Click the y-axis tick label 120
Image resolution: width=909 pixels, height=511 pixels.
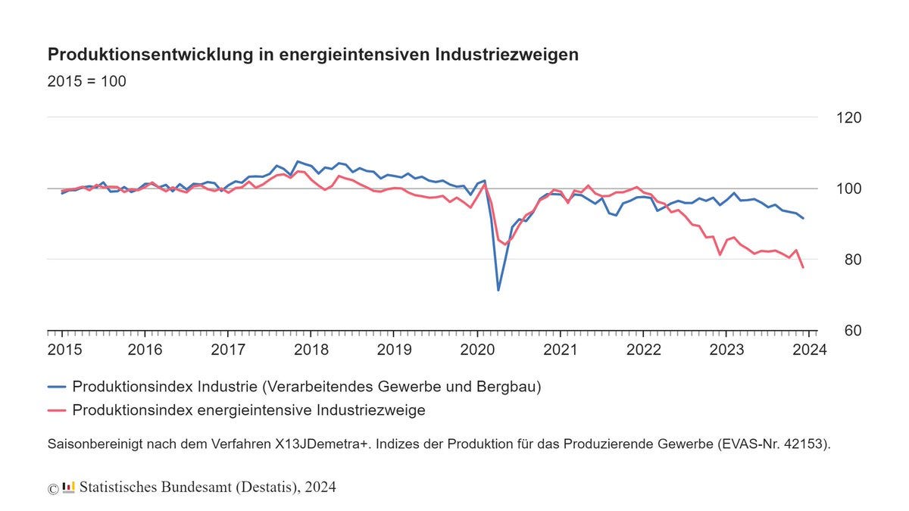848,117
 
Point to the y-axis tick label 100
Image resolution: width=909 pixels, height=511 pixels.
848,189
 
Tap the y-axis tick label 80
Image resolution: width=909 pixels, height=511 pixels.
853,260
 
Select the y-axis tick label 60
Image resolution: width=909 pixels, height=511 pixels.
853,331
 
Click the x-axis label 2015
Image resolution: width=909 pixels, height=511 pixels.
64,350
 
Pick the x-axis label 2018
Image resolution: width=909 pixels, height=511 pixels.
311,350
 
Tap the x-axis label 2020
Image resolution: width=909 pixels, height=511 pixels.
477,350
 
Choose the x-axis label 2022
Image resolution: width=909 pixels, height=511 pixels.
644,350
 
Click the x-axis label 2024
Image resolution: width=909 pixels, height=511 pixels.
810,350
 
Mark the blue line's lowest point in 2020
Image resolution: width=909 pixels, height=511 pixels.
498,290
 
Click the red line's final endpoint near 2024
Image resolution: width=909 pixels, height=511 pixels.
803,267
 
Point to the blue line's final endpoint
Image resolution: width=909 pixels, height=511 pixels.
803,218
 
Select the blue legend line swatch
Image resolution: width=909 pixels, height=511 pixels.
56,387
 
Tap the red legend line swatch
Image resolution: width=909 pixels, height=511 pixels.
56,410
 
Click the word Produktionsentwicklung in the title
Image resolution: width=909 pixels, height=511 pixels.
151,55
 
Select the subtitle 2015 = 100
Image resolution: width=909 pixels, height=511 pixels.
87,81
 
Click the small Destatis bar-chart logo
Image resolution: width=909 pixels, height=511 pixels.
69,487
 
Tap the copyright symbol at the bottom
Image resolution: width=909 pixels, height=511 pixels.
53,489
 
